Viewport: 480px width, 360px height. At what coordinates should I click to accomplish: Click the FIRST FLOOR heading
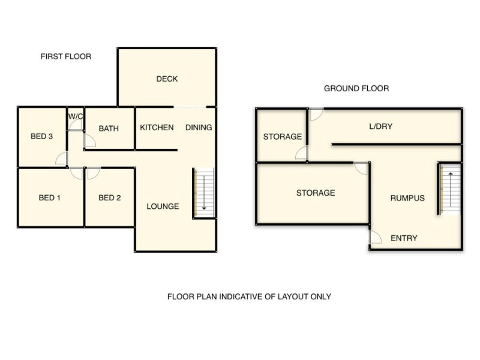point(66,56)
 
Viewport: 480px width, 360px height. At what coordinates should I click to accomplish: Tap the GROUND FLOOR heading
point(356,88)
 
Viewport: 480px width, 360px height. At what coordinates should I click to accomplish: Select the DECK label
point(167,79)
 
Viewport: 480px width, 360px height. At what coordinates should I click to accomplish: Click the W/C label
point(76,116)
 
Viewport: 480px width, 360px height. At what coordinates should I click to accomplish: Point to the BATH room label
point(109,128)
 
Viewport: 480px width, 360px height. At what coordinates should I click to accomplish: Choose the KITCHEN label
point(157,127)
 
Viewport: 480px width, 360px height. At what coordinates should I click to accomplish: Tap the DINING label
point(198,127)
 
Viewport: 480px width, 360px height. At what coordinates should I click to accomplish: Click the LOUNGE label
point(163,206)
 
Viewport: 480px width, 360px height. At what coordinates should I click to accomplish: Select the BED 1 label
point(50,198)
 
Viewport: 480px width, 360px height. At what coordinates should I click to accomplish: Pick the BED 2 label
point(110,198)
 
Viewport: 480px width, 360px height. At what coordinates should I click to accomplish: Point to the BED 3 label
point(42,137)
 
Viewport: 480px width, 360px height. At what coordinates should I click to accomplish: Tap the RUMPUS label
point(407,198)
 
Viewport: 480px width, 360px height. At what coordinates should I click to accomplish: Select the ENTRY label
point(404,238)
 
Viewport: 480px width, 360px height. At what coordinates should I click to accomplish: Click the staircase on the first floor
point(203,192)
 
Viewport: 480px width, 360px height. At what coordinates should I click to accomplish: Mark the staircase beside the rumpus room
point(449,188)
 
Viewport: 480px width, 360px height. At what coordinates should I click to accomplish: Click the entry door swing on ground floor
point(374,238)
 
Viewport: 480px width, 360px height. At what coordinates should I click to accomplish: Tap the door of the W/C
point(76,125)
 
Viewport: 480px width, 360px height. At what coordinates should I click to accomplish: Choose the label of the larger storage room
point(315,193)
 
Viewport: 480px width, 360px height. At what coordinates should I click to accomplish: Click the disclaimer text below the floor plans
point(248,296)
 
